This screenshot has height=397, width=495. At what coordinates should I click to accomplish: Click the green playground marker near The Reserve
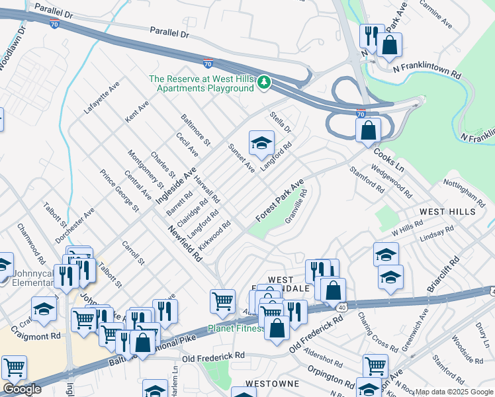pos(265,82)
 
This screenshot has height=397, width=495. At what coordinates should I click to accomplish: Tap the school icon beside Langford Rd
pos(261,142)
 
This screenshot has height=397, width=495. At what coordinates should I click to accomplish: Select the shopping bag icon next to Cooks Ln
pos(369,130)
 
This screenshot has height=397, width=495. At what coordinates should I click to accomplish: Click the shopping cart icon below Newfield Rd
pos(223,302)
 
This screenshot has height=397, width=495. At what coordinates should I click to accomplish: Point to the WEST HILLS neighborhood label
pos(447,212)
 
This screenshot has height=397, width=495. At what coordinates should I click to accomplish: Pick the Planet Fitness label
pos(236,328)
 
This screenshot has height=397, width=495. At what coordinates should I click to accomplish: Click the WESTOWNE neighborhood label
pos(269,384)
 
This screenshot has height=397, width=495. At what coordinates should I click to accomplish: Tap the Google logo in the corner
pos(22,389)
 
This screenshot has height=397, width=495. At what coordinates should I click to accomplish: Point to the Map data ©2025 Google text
pos(454,392)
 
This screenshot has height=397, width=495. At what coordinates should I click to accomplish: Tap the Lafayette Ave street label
pos(101,99)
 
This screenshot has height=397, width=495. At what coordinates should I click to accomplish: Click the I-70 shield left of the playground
pos(208,64)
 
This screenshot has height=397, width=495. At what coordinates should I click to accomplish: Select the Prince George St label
pos(119,191)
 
